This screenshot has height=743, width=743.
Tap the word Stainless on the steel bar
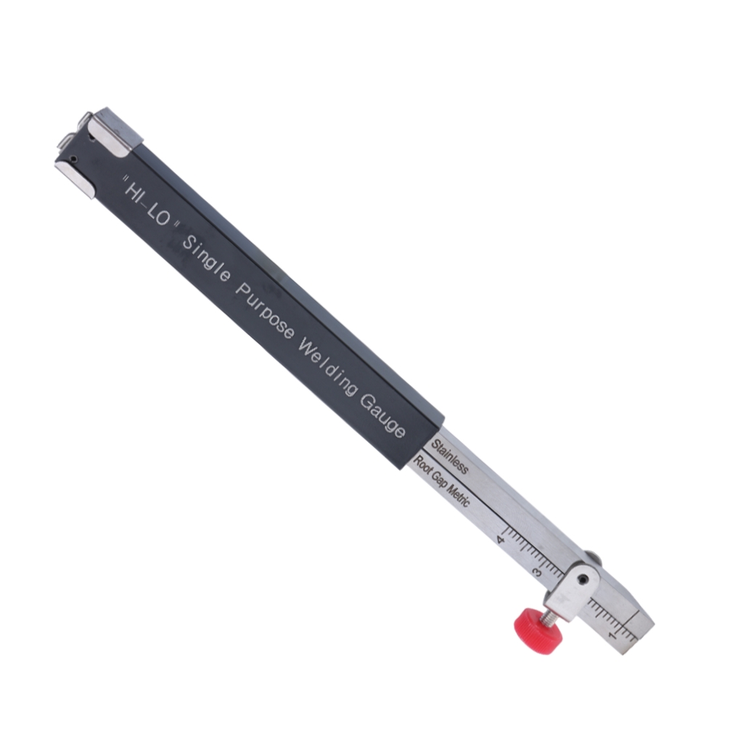(450, 456)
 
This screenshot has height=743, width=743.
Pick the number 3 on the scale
(538, 572)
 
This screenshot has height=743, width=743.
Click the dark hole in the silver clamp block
(584, 580)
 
